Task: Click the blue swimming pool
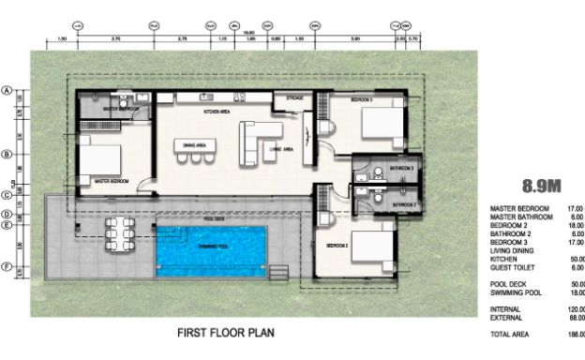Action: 211,250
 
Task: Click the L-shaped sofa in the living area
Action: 255,140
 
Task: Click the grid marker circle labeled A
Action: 7,91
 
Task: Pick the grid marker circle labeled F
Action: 7,267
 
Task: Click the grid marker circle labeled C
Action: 7,196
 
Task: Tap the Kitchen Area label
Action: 217,112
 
